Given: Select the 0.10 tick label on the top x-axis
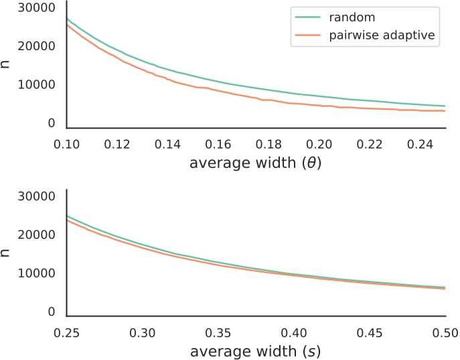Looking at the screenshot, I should (67, 143).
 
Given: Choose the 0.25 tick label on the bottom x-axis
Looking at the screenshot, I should (67, 332).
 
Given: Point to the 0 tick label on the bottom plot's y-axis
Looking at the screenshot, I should (52, 312).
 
